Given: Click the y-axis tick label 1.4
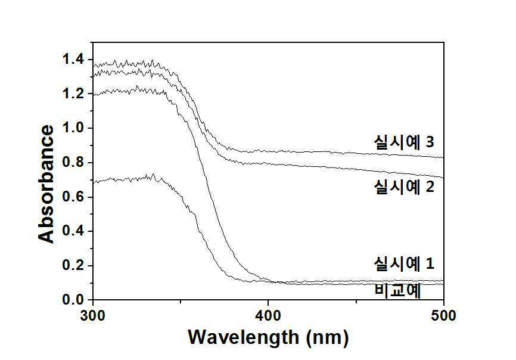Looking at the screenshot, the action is [73, 60].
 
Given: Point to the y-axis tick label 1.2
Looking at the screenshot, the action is [73, 94].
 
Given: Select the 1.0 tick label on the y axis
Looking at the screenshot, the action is [73, 128].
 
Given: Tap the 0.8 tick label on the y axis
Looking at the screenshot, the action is [73, 163].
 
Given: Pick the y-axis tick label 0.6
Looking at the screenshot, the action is [73, 197].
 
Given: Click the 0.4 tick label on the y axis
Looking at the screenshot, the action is [73, 231].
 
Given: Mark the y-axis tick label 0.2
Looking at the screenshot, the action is [73, 266].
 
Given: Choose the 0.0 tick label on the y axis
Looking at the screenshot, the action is [73, 300].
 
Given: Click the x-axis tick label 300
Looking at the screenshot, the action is [93, 316].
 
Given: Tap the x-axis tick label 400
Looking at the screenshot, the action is [269, 316].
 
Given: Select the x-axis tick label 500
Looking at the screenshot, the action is [444, 316].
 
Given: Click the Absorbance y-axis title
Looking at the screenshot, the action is [46, 184].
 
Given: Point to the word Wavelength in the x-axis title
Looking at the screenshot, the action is [243, 337].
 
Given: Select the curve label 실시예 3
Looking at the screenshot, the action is [404, 142].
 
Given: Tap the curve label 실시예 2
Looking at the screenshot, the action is [404, 187].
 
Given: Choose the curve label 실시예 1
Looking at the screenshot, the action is [404, 263].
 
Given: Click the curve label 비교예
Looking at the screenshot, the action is [397, 291].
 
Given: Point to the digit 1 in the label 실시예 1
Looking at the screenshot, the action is [430, 263].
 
